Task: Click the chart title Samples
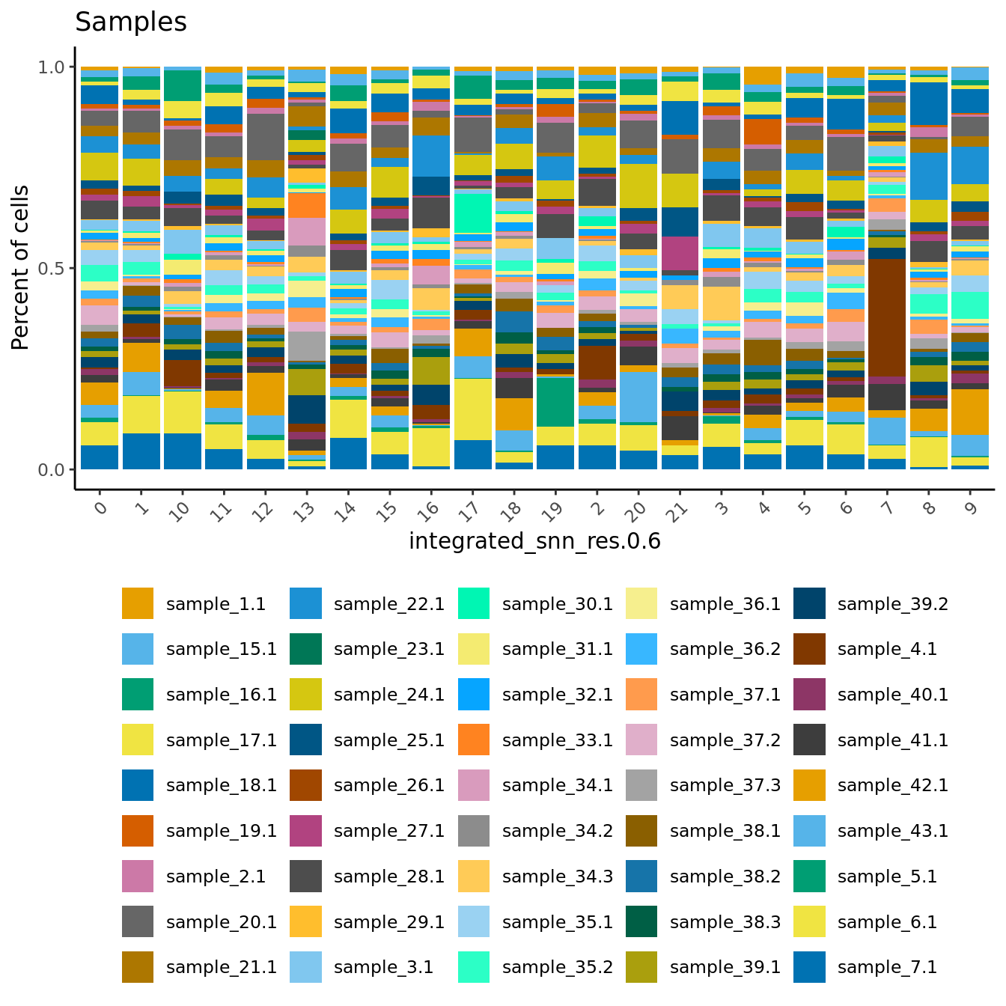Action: click(x=131, y=22)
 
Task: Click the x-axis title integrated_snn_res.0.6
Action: click(x=534, y=540)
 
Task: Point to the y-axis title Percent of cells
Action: click(x=21, y=268)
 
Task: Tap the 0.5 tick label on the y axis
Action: click(x=52, y=268)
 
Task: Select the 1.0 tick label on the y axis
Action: click(x=52, y=67)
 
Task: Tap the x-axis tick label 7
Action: click(x=887, y=509)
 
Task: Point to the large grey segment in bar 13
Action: click(x=306, y=346)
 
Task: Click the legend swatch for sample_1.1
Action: click(x=138, y=603)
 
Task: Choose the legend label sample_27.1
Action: click(x=389, y=831)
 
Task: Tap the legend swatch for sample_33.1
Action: click(x=473, y=740)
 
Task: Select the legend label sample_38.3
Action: click(x=725, y=922)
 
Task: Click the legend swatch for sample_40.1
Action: click(x=809, y=695)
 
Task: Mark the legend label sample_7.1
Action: click(x=887, y=967)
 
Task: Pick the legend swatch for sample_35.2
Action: click(x=473, y=967)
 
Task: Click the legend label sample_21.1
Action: click(x=222, y=967)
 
